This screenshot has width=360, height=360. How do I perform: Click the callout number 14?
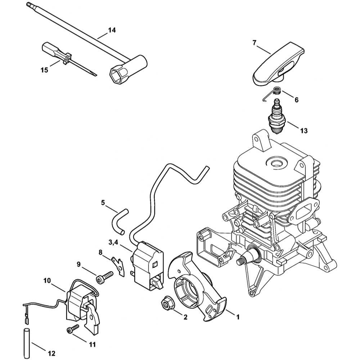pyautogui.click(x=112, y=30)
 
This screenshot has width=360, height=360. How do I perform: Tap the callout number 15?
pyautogui.click(x=44, y=70)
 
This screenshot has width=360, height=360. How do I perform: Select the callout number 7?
pyautogui.click(x=255, y=43)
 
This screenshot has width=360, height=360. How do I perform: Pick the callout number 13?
pyautogui.click(x=304, y=131)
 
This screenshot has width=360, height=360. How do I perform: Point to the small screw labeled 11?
pyautogui.click(x=73, y=329)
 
